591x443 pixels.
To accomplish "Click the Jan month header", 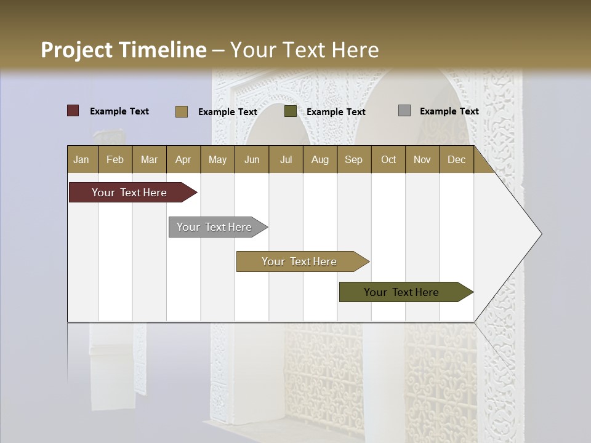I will [x=82, y=159].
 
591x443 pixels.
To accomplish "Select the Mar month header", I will [x=149, y=159].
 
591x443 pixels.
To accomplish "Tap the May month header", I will [x=217, y=159].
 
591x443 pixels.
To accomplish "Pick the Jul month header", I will [x=286, y=159].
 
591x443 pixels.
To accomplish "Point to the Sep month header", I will [x=353, y=159].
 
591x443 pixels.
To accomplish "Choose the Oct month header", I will [x=388, y=159].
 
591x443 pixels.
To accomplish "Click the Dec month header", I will [x=456, y=159].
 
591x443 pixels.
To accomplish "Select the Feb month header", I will [x=115, y=159].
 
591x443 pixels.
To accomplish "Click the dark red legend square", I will [x=73, y=111].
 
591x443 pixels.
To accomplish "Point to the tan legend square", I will [x=181, y=111].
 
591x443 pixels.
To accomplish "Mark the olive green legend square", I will [x=291, y=111].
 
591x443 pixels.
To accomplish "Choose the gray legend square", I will [x=404, y=111].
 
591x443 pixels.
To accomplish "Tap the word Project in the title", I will [x=76, y=50].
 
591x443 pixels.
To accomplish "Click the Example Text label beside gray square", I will [x=449, y=111].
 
